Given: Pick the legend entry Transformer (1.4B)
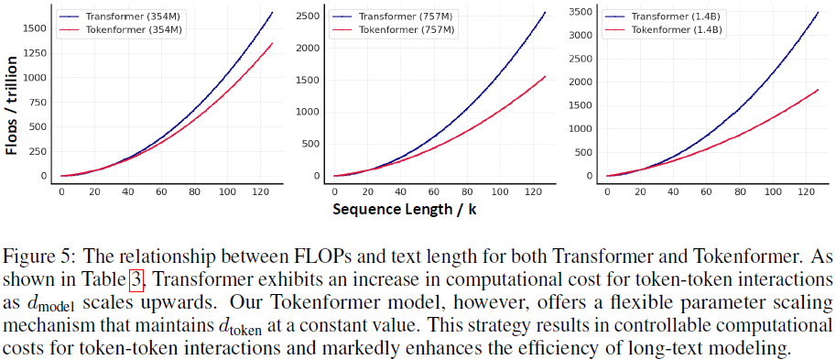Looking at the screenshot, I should click(670, 16).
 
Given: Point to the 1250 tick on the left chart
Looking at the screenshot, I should click(35, 52).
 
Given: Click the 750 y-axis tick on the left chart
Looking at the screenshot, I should click(38, 102).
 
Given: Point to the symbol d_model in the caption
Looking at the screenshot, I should click(46, 301).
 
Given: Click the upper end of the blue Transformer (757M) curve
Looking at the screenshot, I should click(545, 12).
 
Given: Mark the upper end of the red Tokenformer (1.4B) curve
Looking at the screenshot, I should click(818, 90).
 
